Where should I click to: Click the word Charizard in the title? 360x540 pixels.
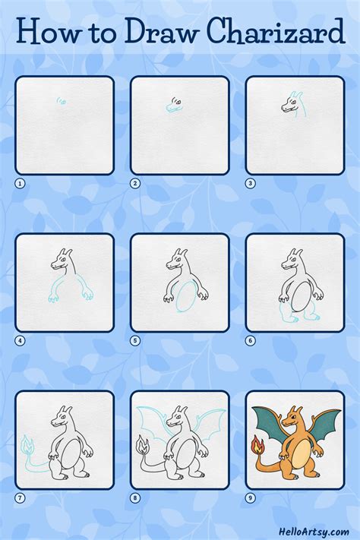point(276,31)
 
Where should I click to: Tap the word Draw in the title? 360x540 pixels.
point(162,31)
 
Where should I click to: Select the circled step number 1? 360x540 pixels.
point(20,184)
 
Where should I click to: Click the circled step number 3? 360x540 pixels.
point(251,184)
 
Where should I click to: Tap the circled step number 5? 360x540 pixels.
point(135,340)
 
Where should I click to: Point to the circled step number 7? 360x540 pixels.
point(20,497)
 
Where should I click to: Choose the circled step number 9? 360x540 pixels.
point(251,497)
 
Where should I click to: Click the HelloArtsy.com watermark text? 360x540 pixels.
point(314,532)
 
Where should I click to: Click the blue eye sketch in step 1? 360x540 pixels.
point(62,100)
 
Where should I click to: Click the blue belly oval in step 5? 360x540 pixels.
point(186,296)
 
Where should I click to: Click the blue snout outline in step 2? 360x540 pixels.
point(173,107)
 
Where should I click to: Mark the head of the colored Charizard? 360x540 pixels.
point(292,418)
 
